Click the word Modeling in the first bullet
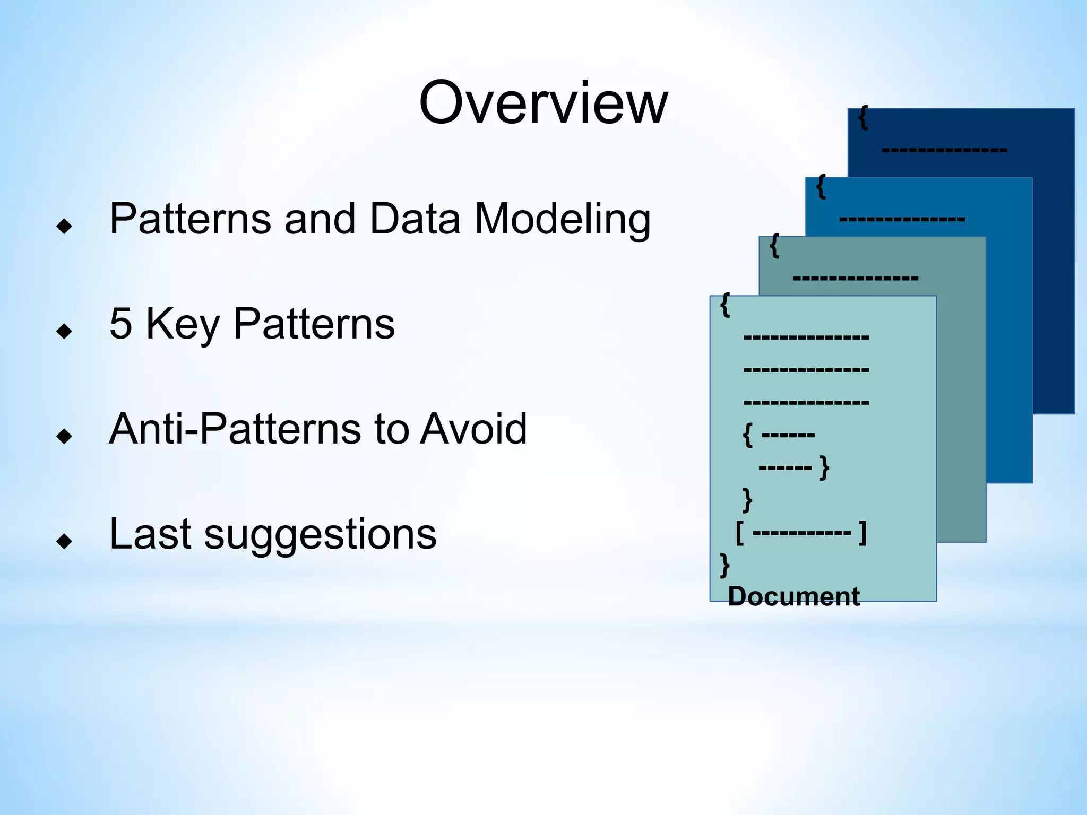pyautogui.click(x=562, y=219)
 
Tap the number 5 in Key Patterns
pyautogui.click(x=120, y=323)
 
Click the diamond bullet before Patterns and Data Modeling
pyautogui.click(x=64, y=227)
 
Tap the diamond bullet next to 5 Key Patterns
pyautogui.click(x=64, y=331)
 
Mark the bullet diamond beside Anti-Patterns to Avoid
pyautogui.click(x=64, y=436)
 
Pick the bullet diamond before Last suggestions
pyautogui.click(x=64, y=541)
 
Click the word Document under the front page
pyautogui.click(x=793, y=596)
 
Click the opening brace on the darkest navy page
pyautogui.click(x=864, y=117)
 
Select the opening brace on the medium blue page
pyautogui.click(x=821, y=186)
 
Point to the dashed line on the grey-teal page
pyautogui.click(x=855, y=278)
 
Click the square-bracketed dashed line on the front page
pyautogui.click(x=801, y=532)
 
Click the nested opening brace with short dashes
pyautogui.click(x=748, y=435)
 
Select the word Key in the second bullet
pyautogui.click(x=182, y=324)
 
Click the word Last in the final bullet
pyautogui.click(x=149, y=534)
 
